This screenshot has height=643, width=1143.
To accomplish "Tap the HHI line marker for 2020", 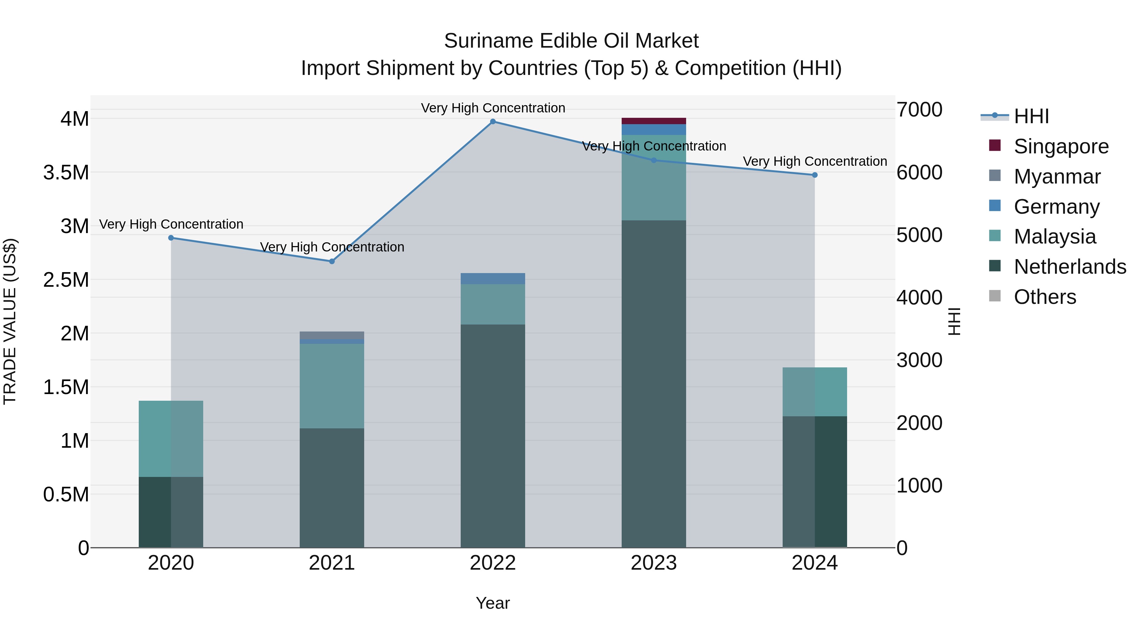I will [171, 238].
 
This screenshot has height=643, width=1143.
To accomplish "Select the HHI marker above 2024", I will [815, 175].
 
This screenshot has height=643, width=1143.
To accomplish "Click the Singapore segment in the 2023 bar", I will [654, 121].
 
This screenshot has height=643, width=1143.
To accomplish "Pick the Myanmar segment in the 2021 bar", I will [332, 335].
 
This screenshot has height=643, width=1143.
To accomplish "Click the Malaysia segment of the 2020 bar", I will [171, 439].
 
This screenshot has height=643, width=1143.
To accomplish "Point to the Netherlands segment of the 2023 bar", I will [654, 384].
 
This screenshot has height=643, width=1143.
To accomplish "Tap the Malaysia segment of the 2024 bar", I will [815, 392].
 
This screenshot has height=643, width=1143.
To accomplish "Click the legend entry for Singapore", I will [1061, 146].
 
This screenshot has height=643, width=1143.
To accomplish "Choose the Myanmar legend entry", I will [1057, 177].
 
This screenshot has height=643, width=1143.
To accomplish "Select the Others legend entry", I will [1045, 297].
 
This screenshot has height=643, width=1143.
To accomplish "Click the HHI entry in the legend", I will [1031, 116].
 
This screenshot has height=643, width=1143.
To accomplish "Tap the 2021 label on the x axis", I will [332, 563].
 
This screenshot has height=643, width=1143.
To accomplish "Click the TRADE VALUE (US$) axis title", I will [10, 321].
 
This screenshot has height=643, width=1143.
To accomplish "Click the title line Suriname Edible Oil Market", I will [571, 41].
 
